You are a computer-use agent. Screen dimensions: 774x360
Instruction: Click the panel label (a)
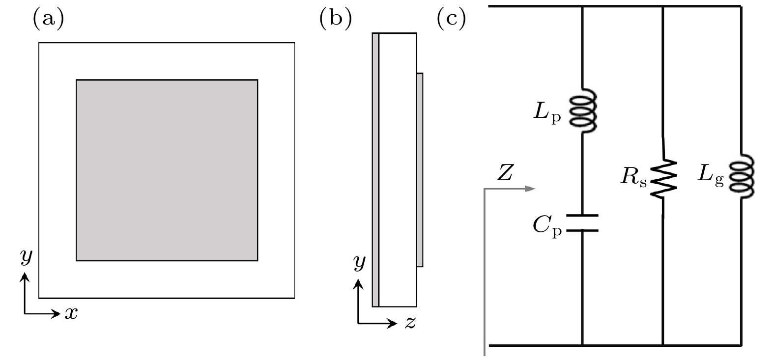tap(48, 19)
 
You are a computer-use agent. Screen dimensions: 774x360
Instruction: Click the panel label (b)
tap(336, 19)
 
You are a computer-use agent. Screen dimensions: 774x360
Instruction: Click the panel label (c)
tap(452, 19)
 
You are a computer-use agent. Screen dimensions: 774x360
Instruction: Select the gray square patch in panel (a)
tap(167, 170)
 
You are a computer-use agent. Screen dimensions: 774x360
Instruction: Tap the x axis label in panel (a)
tap(71, 314)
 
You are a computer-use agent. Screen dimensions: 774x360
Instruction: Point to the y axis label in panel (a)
tap(26, 257)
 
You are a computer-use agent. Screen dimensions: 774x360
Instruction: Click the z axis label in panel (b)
tap(410, 323)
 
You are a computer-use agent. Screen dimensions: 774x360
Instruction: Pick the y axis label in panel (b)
tap(360, 263)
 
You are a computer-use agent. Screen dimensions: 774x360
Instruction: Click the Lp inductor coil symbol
tap(583, 110)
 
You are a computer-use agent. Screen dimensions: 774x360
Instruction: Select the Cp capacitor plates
tap(582, 223)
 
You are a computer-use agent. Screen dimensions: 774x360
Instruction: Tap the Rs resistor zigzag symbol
tap(663, 179)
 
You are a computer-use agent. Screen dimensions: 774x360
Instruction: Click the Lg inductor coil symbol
tap(742, 176)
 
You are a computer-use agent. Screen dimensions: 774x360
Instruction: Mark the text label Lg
tap(711, 175)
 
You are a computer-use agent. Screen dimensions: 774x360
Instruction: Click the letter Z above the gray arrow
tap(505, 173)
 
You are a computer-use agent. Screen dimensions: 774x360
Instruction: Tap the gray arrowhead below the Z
tap(530, 189)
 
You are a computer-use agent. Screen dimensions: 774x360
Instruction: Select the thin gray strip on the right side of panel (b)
tap(420, 169)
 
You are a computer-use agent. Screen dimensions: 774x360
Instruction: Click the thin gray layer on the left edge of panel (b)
tap(375, 169)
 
